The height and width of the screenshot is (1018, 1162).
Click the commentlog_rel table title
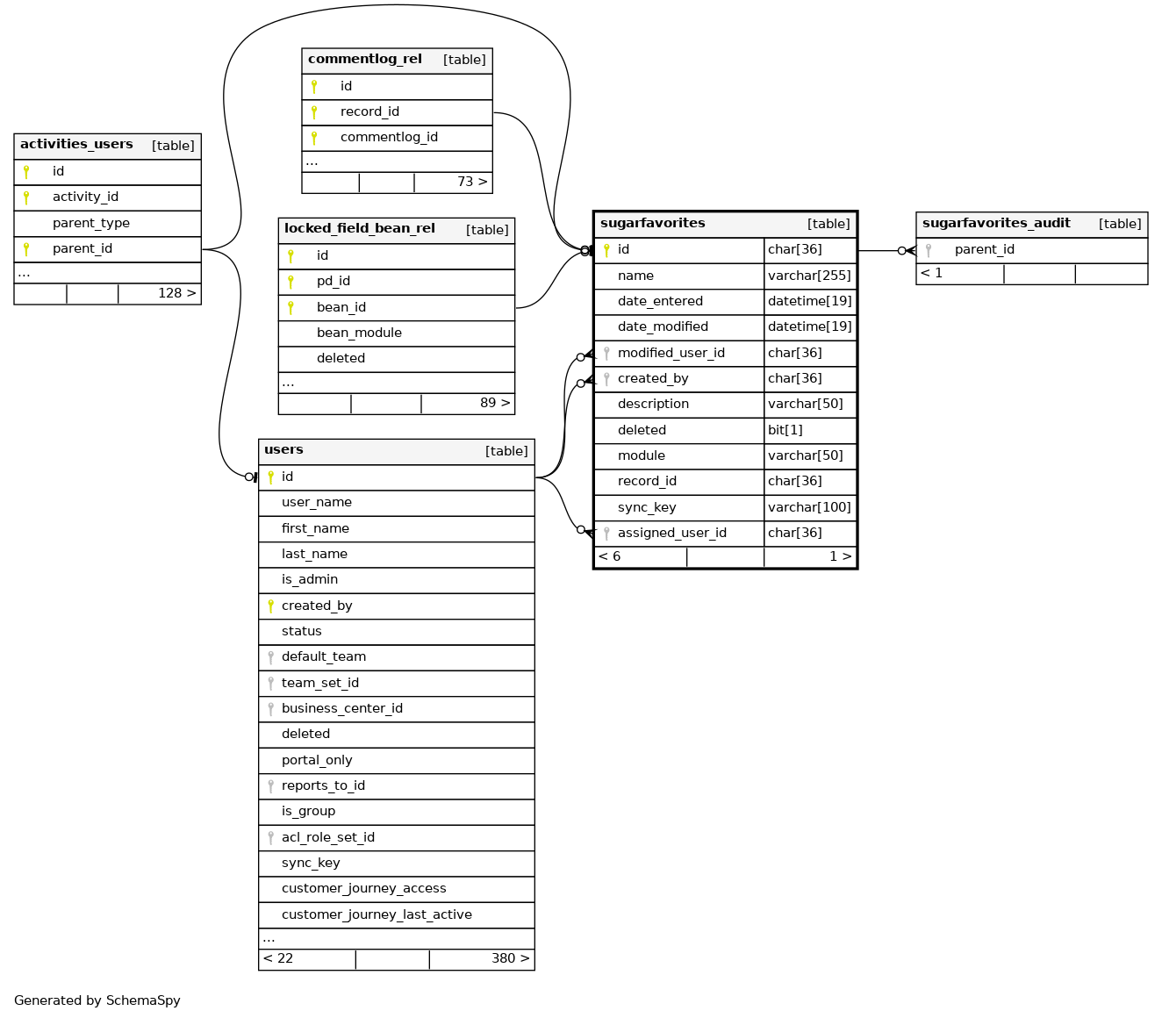(365, 60)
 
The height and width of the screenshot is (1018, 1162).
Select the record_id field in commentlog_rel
(369, 111)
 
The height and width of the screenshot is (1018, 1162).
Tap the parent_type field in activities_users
(91, 223)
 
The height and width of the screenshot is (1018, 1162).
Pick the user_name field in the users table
(317, 502)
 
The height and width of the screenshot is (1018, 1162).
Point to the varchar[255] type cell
(809, 276)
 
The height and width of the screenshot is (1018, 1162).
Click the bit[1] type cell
(785, 430)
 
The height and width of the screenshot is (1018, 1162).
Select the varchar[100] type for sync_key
(809, 507)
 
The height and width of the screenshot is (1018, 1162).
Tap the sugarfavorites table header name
(653, 223)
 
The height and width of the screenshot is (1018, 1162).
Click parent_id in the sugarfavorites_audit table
(985, 249)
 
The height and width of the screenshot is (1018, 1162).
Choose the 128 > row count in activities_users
(177, 292)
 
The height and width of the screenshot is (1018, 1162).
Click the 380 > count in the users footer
(511, 958)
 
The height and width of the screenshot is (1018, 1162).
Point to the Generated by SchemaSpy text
(97, 1000)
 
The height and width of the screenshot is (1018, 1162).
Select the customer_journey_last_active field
(377, 914)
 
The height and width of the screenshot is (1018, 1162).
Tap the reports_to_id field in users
(323, 785)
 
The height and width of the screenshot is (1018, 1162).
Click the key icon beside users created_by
(270, 606)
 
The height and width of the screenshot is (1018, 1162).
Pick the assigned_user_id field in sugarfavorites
(672, 533)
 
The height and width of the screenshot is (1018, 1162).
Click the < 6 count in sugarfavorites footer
(610, 556)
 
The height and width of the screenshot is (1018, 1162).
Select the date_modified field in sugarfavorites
(663, 326)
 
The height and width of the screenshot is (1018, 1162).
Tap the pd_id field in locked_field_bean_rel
(334, 281)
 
